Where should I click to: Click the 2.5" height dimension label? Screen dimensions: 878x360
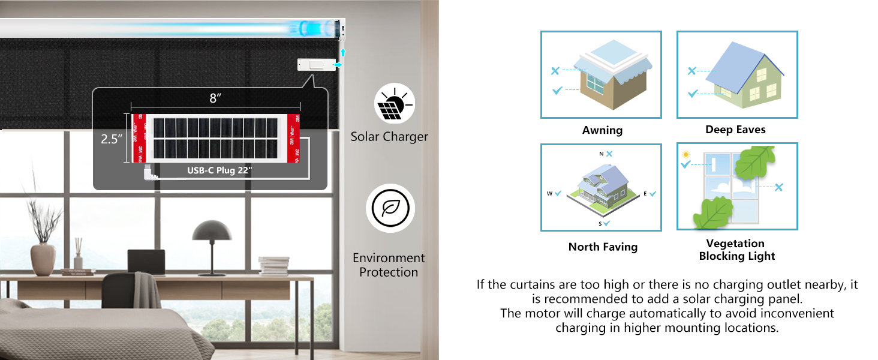(112, 139)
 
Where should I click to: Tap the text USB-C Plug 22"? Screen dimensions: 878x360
(219, 170)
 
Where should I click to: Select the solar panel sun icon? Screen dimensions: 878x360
(393, 105)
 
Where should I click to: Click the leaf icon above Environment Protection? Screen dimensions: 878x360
(390, 208)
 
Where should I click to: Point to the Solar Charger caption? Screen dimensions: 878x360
(389, 137)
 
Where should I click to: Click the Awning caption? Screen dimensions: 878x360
(602, 130)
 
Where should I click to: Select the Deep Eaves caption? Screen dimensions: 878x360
(735, 130)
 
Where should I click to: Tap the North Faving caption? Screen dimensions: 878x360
(603, 247)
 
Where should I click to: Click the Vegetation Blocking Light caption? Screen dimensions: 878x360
(736, 250)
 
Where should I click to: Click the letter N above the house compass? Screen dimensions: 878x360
(601, 154)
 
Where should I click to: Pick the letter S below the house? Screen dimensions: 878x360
(600, 223)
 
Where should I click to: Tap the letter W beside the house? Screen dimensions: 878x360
(549, 193)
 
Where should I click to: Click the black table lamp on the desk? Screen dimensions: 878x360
(212, 240)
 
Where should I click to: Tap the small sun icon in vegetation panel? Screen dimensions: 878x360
(685, 155)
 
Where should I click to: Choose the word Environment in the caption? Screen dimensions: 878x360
(388, 258)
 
